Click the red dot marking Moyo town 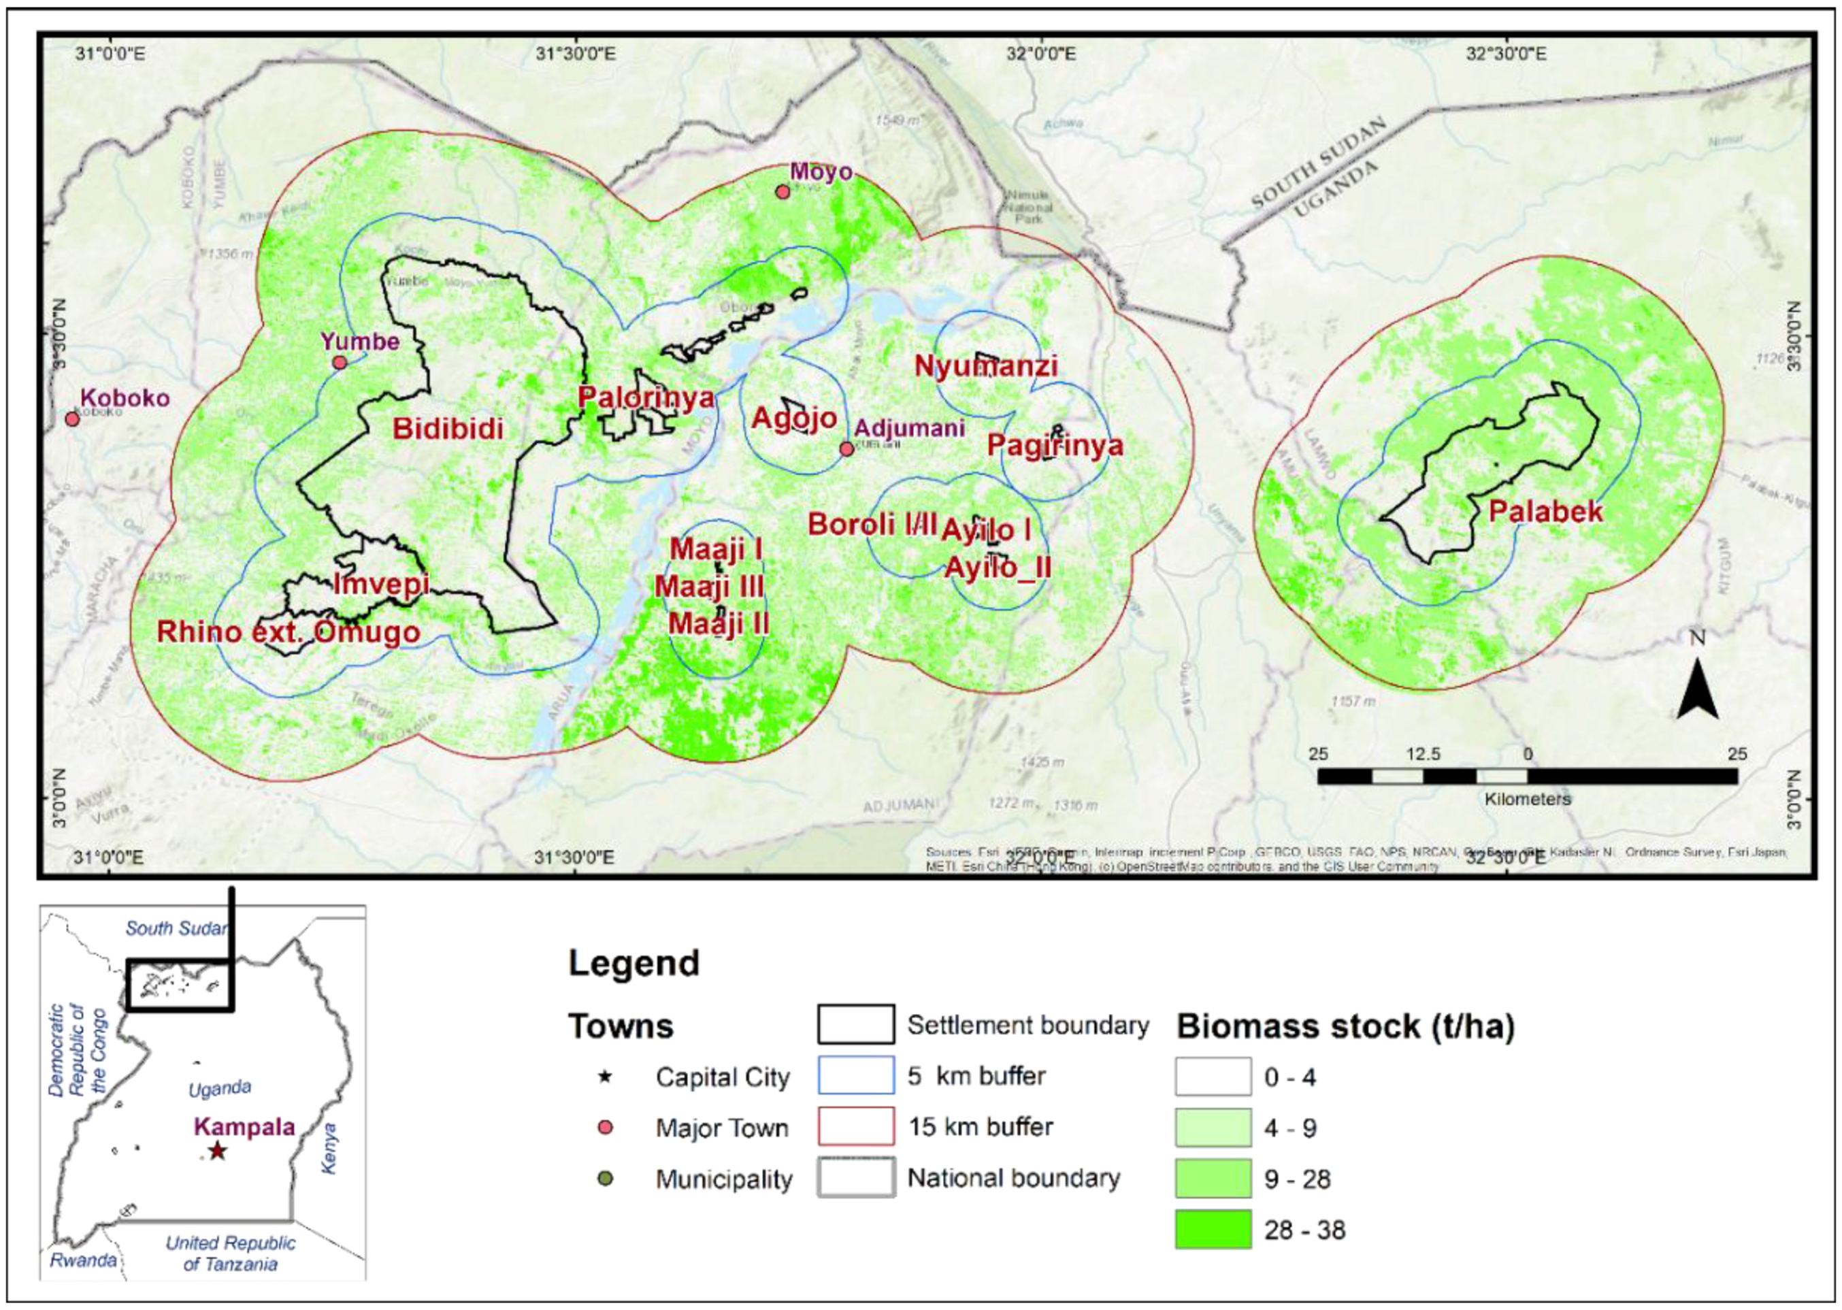click(781, 191)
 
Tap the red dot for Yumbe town click(340, 362)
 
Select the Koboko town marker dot click(71, 419)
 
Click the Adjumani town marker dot click(846, 448)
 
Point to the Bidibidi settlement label click(448, 428)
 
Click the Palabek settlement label click(1545, 512)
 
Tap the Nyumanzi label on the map click(985, 366)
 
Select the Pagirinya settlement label click(1055, 444)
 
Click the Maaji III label click(709, 587)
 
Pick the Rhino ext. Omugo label click(288, 632)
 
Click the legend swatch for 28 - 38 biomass click(1213, 1229)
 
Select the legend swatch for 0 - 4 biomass click(1213, 1077)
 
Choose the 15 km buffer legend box click(855, 1126)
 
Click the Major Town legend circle click(606, 1127)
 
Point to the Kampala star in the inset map click(217, 1150)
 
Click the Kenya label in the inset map click(329, 1147)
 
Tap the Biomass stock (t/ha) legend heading click(1345, 1026)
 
